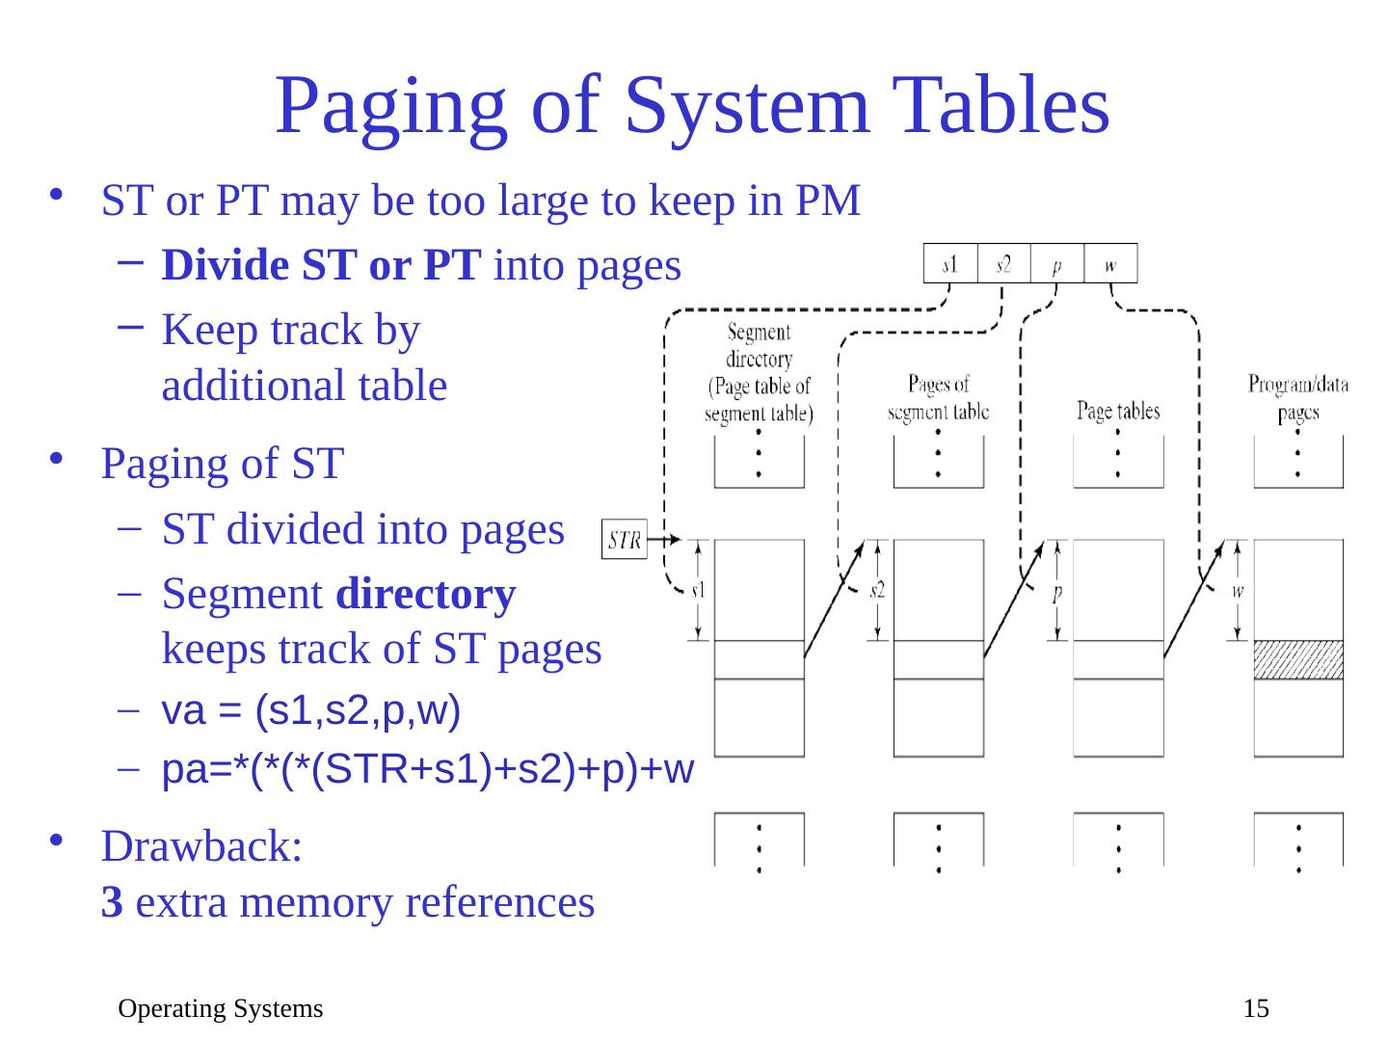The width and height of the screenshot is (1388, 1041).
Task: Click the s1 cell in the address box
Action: pyautogui.click(x=950, y=263)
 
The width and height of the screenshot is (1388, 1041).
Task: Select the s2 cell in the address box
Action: pyautogui.click(x=1003, y=263)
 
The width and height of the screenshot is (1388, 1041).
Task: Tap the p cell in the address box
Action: pyautogui.click(x=1057, y=264)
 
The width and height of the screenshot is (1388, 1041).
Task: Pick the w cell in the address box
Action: pyautogui.click(x=1110, y=263)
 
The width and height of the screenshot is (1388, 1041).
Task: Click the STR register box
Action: pyautogui.click(x=625, y=540)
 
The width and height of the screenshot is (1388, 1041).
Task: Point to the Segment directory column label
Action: pyautogui.click(x=759, y=373)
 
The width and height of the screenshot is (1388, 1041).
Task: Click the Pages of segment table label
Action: pyautogui.click(x=938, y=398)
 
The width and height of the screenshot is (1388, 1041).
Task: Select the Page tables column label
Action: pyautogui.click(x=1118, y=412)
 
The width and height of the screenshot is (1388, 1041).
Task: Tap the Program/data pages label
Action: pyautogui.click(x=1297, y=398)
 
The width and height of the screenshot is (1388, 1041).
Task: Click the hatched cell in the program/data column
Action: pyautogui.click(x=1297, y=659)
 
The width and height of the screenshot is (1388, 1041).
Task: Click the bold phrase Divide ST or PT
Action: pyautogui.click(x=322, y=266)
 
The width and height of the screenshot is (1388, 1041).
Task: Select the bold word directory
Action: pyautogui.click(x=426, y=595)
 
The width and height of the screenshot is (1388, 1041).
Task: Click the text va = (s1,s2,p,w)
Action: pyautogui.click(x=311, y=711)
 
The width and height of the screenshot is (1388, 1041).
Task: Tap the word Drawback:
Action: pyautogui.click(x=202, y=847)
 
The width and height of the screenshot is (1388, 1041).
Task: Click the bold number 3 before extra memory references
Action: pyautogui.click(x=112, y=903)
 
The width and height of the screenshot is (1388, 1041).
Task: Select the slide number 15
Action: pyautogui.click(x=1256, y=1009)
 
